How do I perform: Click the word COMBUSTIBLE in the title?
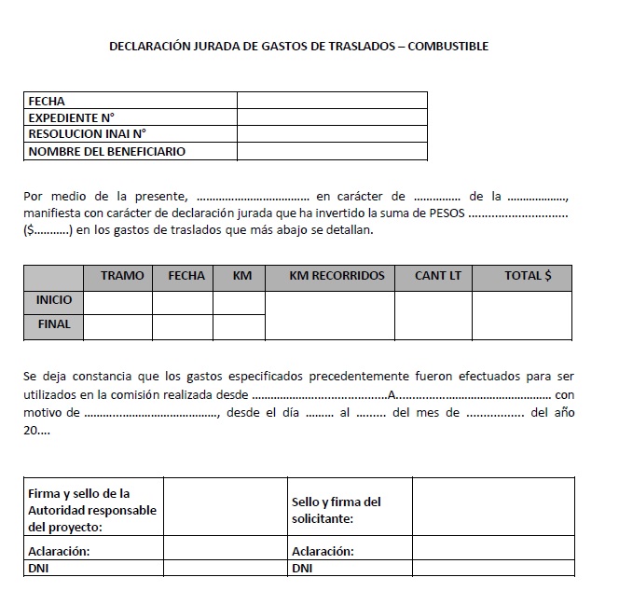tap(447, 45)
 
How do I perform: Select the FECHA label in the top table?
tap(47, 101)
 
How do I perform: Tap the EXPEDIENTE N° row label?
tap(71, 117)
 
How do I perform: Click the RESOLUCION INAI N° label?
tap(87, 134)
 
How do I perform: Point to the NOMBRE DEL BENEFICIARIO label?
tap(106, 151)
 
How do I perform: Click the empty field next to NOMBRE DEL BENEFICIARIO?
tap(332, 151)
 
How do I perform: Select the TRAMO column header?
tap(122, 276)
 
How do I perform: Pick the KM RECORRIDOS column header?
tap(337, 276)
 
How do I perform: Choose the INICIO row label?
tap(54, 300)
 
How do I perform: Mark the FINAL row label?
tap(54, 324)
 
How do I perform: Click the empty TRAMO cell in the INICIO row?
tap(117, 302)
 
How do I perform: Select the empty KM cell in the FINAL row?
tap(239, 326)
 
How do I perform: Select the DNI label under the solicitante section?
tap(301, 568)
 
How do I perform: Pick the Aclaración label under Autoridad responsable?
tap(59, 551)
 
